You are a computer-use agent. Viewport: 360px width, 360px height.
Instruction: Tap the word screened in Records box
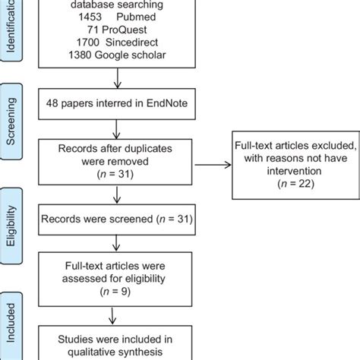click(133, 219)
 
